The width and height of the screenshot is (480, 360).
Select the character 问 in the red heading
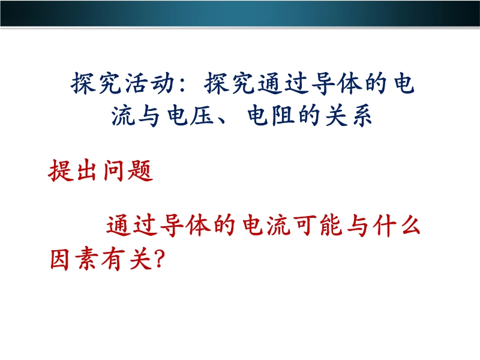pos(113,170)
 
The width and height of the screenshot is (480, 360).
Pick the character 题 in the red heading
pos(140,170)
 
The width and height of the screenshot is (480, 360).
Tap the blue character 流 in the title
pos(123,115)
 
